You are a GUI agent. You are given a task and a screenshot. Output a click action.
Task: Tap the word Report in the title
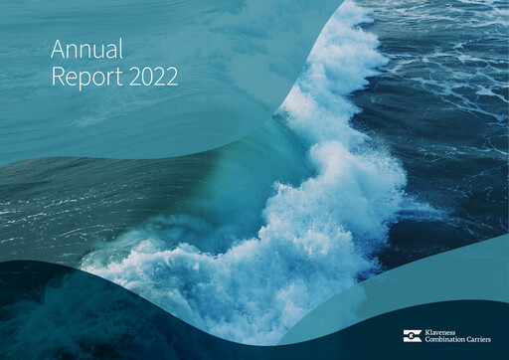(85, 78)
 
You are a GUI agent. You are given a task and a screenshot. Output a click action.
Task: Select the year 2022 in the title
(153, 77)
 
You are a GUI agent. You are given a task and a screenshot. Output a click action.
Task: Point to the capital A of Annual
(58, 50)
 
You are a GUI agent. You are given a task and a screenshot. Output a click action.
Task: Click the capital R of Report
(57, 77)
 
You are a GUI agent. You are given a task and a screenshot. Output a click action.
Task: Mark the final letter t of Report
(118, 77)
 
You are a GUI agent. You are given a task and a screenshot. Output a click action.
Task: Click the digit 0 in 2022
(147, 77)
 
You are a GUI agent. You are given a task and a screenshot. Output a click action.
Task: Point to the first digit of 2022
(134, 77)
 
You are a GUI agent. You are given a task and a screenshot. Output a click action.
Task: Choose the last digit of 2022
(172, 77)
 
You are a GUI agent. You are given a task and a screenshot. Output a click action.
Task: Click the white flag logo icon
(412, 336)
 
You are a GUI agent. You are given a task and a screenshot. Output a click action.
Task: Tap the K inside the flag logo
(412, 336)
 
